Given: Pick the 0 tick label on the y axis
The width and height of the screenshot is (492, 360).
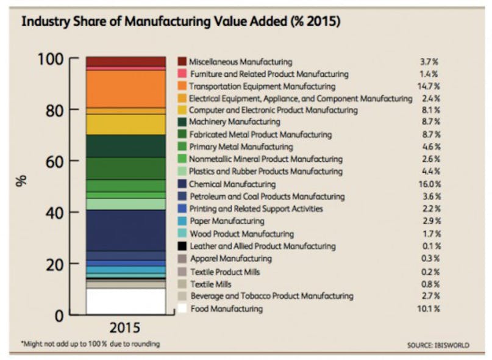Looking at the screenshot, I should coord(58,316).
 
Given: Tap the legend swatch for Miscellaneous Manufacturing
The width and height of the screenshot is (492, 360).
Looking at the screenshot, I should coord(182,62).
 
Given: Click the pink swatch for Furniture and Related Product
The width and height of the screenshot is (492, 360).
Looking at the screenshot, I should coord(182,74).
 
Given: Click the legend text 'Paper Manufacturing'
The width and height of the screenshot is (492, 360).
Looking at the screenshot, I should coord(226,221).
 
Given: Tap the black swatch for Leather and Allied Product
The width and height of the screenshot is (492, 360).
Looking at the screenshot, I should coord(182,247).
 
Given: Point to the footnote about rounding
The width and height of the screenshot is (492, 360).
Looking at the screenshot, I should coord(90,344).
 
